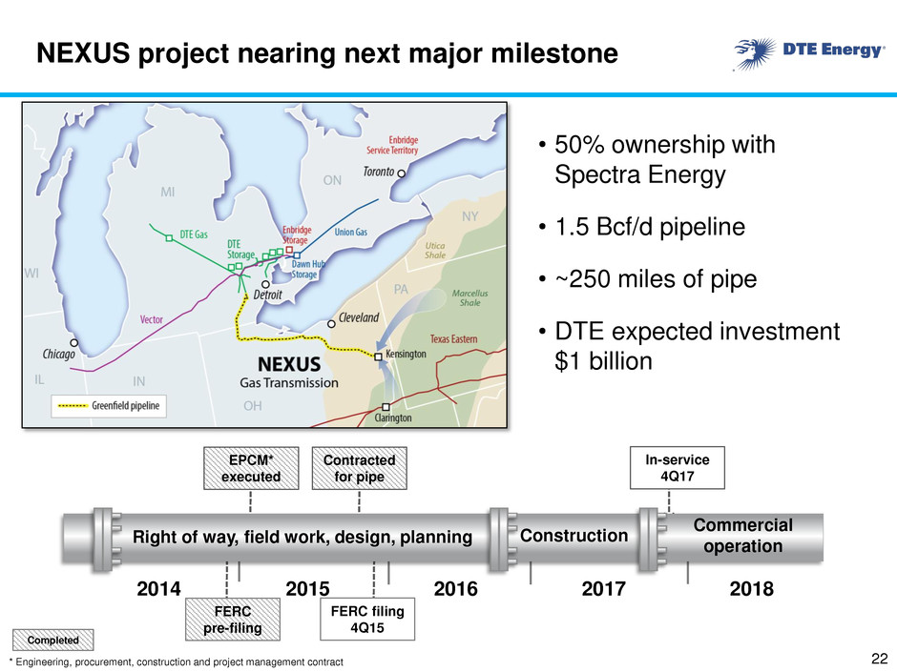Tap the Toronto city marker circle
click(x=402, y=173)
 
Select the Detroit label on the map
click(x=268, y=295)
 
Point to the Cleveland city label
click(x=359, y=317)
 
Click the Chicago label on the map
click(x=58, y=355)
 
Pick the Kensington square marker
click(x=378, y=356)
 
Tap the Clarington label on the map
click(x=392, y=417)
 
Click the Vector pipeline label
click(x=152, y=319)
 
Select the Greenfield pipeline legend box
click(x=109, y=406)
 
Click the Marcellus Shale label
click(x=469, y=297)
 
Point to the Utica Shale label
click(x=435, y=251)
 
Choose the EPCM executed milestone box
click(x=251, y=468)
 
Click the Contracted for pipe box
click(x=359, y=468)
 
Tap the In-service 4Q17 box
click(x=678, y=467)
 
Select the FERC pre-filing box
click(x=233, y=620)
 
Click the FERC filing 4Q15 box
click(x=367, y=620)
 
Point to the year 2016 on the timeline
click(x=455, y=588)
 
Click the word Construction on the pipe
click(x=574, y=536)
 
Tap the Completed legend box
click(x=52, y=640)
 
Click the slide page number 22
click(x=879, y=658)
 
